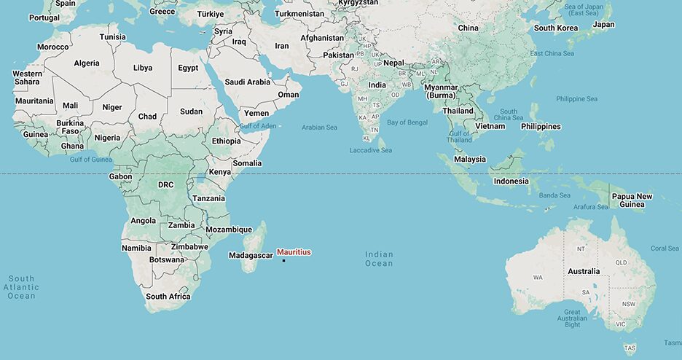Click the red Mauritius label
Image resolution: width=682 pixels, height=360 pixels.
click(x=294, y=252)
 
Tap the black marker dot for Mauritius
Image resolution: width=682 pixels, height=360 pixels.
click(x=283, y=260)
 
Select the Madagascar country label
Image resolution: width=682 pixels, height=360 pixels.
click(x=251, y=256)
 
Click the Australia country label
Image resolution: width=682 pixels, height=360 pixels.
click(x=584, y=272)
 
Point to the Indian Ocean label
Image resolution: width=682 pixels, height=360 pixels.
click(x=379, y=259)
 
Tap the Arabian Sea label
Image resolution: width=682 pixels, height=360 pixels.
click(x=319, y=128)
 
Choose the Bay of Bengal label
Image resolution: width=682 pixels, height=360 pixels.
click(x=407, y=122)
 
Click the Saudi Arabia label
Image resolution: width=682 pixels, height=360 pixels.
click(x=247, y=82)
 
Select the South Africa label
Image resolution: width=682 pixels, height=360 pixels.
click(x=168, y=297)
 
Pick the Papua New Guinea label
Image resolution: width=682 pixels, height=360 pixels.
click(x=632, y=200)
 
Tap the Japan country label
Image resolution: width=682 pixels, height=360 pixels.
click(x=603, y=25)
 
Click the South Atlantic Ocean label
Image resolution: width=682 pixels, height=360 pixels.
click(x=22, y=287)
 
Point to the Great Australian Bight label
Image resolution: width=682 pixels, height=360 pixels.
click(x=572, y=318)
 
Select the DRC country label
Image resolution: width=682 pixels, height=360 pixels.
click(x=165, y=185)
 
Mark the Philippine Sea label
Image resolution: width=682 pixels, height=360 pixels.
click(x=576, y=98)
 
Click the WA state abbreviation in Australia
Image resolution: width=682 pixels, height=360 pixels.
click(x=538, y=278)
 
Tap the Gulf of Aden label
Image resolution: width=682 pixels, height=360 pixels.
click(x=258, y=126)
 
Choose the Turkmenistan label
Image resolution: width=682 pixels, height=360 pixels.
click(x=299, y=14)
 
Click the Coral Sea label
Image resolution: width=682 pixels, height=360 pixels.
click(x=664, y=249)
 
